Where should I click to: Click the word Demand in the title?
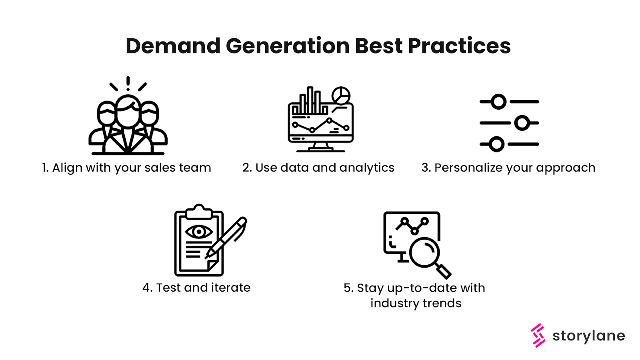173,46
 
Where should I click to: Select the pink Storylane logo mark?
538,336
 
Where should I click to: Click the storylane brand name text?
588,336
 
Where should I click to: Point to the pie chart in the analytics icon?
341,96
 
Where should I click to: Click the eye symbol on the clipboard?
199,232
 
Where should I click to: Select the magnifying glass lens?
424,252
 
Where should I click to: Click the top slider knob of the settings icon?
498,102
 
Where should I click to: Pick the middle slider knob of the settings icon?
522,123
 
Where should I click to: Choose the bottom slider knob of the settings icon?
496,144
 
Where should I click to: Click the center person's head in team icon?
128,111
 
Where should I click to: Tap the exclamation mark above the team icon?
128,83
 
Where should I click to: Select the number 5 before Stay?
347,288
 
